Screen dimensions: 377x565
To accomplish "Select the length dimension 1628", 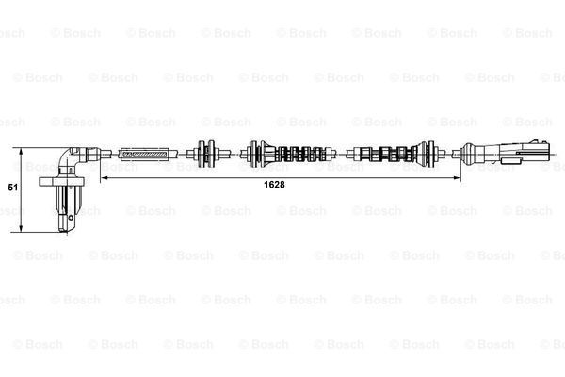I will pyautogui.click(x=274, y=185).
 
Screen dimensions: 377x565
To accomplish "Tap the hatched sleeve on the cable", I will pyautogui.click(x=145, y=153).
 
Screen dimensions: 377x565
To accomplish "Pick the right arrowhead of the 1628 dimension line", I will pyautogui.click(x=460, y=176).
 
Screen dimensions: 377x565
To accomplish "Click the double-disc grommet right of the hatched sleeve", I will pyautogui.click(x=205, y=153).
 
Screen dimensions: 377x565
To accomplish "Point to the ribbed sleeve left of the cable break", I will pyautogui.click(x=306, y=153).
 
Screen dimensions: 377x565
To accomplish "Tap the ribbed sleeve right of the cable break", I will pyautogui.click(x=386, y=153).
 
